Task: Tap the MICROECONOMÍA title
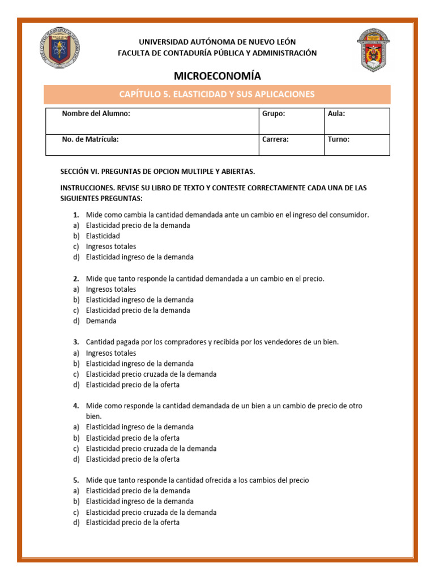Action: tap(217, 76)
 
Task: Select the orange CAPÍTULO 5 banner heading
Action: tap(217, 94)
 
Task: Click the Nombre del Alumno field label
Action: tap(96, 114)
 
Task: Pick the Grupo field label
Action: tap(274, 114)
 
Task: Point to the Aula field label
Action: tap(336, 114)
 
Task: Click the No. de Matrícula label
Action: tap(90, 139)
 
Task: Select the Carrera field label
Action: tap(276, 139)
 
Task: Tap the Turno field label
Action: tap(339, 139)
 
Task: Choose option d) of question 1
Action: tap(139, 257)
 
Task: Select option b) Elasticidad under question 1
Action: tap(103, 236)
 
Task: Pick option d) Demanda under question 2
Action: tap(101, 321)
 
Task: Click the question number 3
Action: tap(76, 342)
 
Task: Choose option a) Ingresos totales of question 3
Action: tap(111, 353)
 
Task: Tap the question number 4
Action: tap(76, 406)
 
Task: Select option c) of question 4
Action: tap(151, 449)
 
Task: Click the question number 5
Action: tap(76, 480)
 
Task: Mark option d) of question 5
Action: tap(133, 523)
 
